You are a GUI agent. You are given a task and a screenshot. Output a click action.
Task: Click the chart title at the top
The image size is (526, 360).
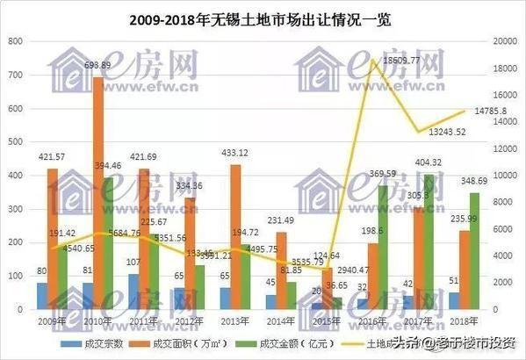pos(263,18)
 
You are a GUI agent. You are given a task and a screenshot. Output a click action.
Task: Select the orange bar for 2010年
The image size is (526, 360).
pos(99,193)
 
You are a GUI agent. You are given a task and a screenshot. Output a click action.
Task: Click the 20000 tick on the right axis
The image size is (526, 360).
pos(506,42)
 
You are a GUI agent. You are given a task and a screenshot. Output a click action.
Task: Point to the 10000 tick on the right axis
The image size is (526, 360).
pos(506,176)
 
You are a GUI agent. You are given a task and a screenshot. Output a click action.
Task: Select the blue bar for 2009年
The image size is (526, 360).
pos(42,296)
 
